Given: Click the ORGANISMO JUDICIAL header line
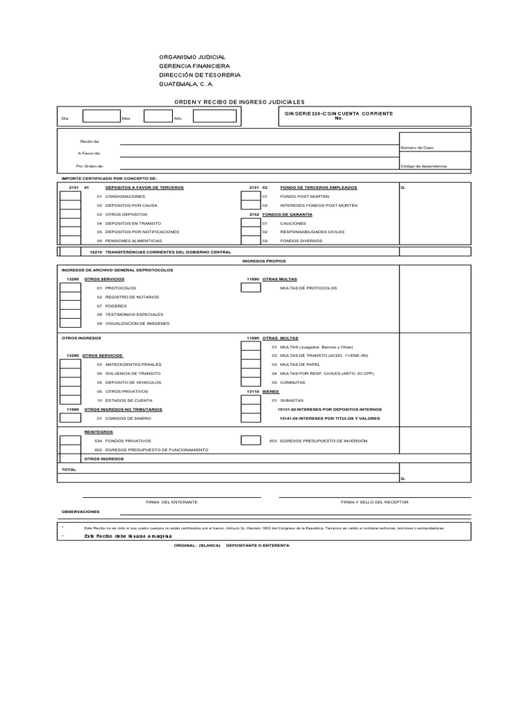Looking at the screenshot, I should [192, 57].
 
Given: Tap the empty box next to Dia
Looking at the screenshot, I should [100, 117].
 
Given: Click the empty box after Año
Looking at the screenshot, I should [214, 117].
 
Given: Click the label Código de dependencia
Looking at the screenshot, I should [423, 166].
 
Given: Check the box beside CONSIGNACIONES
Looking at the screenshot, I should [70, 196].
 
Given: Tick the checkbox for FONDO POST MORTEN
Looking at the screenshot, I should [250, 196].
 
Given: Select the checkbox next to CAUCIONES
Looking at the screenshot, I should [250, 223].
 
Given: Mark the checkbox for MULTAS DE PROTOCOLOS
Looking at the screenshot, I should [250, 287].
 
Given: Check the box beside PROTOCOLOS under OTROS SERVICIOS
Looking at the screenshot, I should [70, 287].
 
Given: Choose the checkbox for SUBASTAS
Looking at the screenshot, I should [250, 400].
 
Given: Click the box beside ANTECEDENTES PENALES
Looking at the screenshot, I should [70, 364].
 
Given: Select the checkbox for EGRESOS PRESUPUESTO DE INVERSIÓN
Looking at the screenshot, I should [250, 440].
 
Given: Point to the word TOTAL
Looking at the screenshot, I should [69, 469].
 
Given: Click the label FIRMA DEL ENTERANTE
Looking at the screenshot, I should [171, 501].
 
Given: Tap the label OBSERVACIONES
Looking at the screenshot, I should [80, 512].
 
